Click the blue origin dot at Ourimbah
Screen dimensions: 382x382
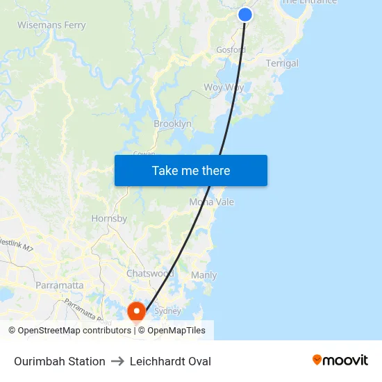(x=245, y=14)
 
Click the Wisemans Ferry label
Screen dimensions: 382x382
(x=51, y=26)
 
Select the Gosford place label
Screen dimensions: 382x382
(x=231, y=50)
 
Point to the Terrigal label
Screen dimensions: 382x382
(x=282, y=63)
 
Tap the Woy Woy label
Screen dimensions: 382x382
(x=224, y=88)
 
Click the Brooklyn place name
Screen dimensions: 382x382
(x=172, y=124)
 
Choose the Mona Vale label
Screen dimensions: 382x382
(x=212, y=202)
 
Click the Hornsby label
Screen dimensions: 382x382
(x=109, y=218)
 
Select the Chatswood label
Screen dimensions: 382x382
(x=150, y=274)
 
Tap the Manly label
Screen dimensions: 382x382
(x=204, y=275)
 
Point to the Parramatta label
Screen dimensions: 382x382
(x=60, y=285)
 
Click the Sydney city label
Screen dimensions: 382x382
(x=167, y=311)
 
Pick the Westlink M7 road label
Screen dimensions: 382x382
(x=15, y=244)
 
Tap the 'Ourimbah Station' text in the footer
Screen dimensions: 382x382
(x=60, y=361)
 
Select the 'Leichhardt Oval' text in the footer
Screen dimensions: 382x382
(x=170, y=361)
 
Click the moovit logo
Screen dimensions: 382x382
(x=340, y=360)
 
